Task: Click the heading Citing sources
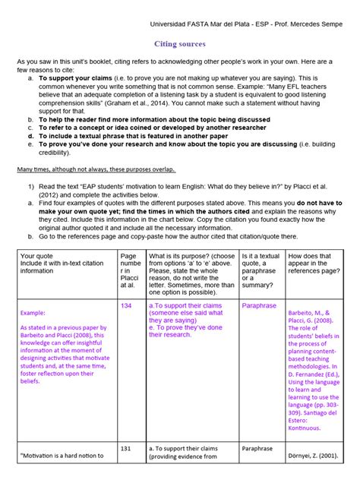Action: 180,45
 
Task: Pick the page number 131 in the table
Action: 126,449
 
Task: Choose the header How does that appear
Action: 312,256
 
